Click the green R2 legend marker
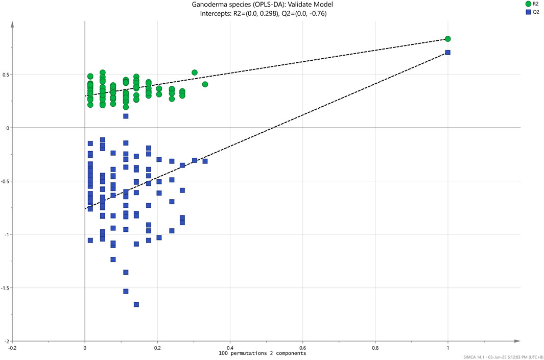pos(528,4)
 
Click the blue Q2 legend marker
pos(528,12)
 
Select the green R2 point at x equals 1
pos(447,39)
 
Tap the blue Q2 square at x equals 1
pos(447,53)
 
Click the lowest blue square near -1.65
pos(136,304)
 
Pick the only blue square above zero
pos(126,116)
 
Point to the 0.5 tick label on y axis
pos(6,75)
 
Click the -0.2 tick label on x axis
pos(12,348)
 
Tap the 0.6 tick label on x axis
pos(303,348)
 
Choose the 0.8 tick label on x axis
pos(375,348)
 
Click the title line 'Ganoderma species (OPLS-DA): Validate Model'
pos(262,5)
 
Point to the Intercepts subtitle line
pos(262,14)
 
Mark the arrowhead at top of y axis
pos(12,23)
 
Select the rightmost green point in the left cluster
pos(205,84)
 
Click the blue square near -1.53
pos(126,291)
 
